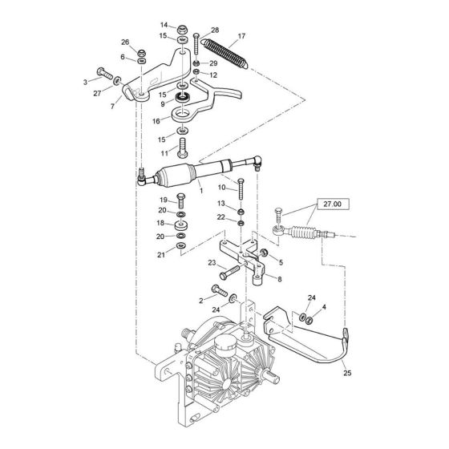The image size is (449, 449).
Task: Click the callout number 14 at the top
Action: [x=164, y=26]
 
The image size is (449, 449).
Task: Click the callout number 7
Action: [x=112, y=105]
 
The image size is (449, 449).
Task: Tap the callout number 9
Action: [x=163, y=103]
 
